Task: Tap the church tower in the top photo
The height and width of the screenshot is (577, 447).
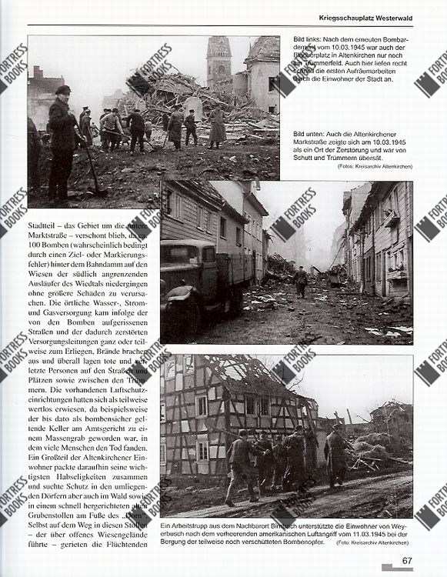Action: pos(218,62)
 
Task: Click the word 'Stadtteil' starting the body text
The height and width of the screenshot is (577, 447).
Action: pos(46,225)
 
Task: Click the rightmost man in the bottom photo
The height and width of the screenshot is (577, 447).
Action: pos(336,460)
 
